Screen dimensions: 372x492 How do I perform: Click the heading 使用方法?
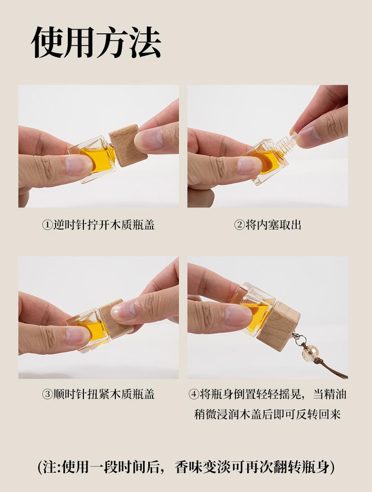96,42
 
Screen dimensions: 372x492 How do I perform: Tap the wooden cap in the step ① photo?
129,145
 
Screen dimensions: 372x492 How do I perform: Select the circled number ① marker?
47,225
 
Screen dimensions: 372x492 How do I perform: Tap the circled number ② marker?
239,225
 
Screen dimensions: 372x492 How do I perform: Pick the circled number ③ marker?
47,395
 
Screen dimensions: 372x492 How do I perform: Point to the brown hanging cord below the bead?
330,366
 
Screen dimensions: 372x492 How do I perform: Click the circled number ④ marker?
194,395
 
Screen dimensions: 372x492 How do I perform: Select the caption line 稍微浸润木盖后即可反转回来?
267,414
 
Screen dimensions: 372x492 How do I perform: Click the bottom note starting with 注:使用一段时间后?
186,467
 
